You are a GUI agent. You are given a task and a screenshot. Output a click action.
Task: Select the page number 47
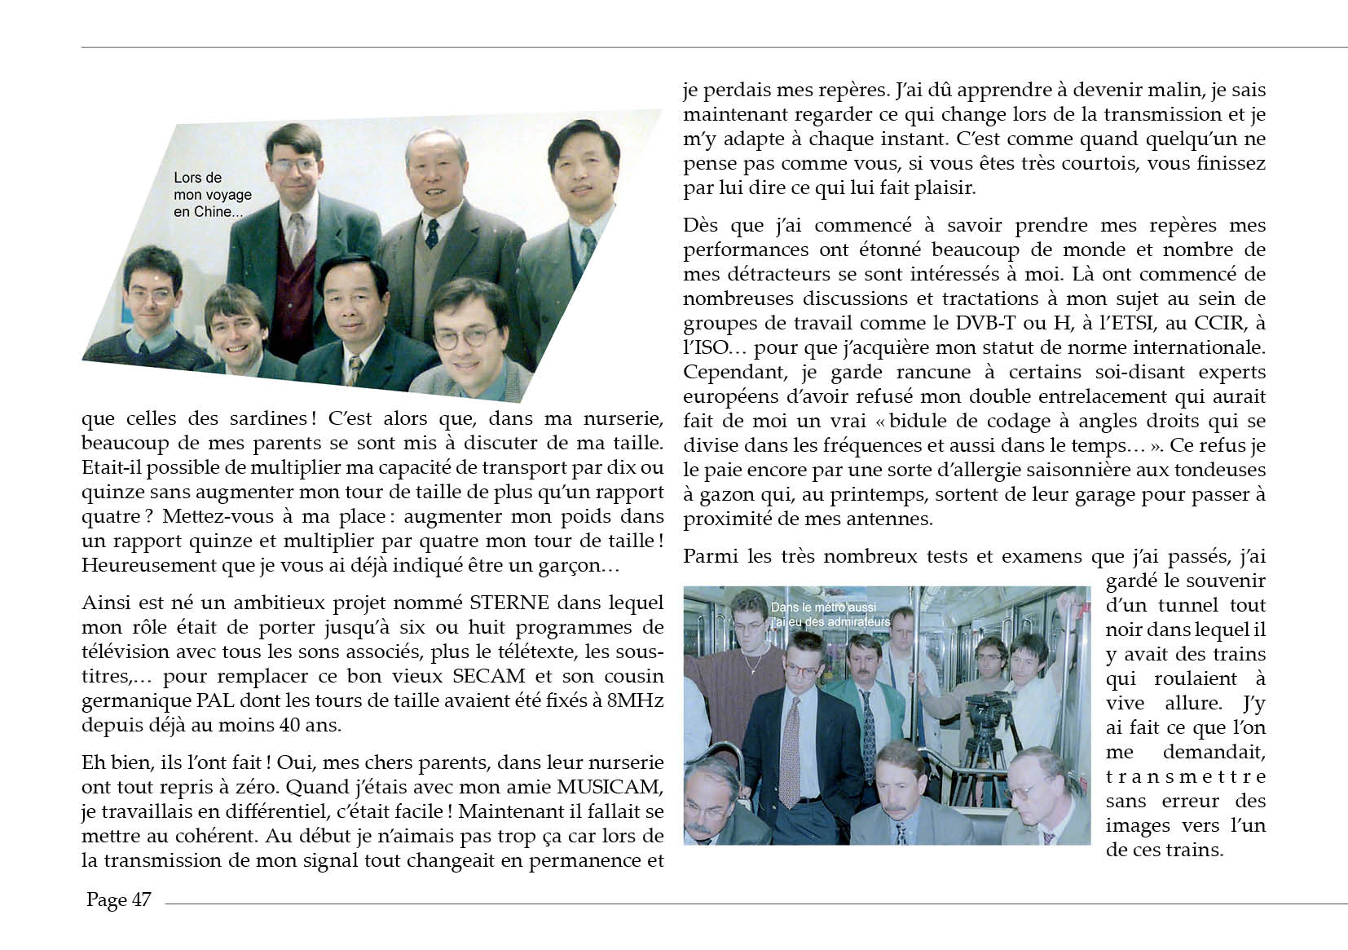tap(140, 900)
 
